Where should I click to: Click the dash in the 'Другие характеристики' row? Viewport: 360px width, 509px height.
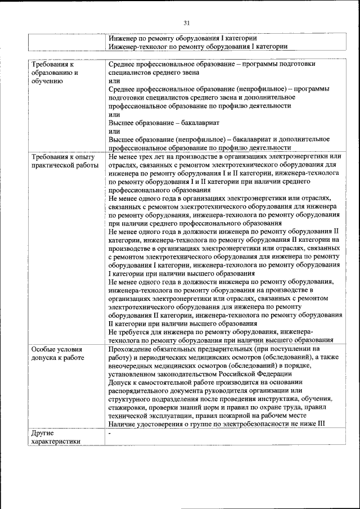110,433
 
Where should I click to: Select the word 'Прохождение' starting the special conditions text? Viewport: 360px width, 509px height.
131,349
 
